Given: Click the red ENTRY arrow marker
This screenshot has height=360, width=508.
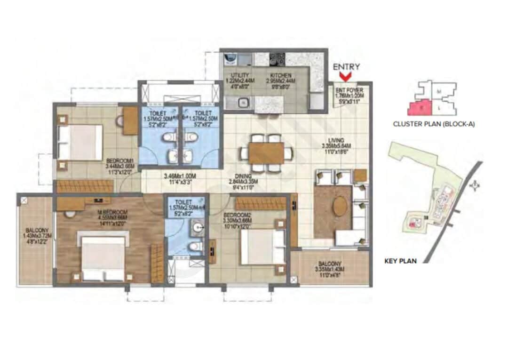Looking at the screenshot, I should [347, 76].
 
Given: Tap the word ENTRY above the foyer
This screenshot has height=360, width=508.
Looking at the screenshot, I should [347, 67].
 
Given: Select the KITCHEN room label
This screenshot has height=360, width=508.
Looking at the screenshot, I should [281, 75].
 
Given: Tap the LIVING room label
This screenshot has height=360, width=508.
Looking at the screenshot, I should [336, 140].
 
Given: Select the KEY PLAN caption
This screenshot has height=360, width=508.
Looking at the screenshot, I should [400, 260].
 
